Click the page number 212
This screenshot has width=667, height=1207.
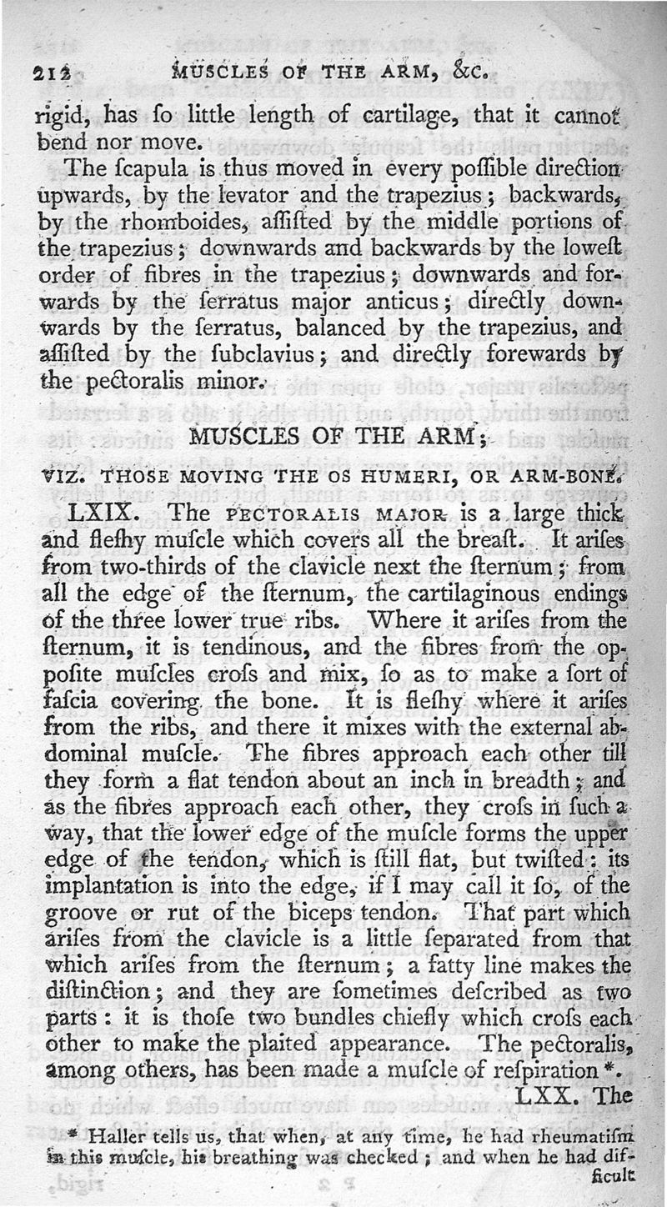(53, 72)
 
